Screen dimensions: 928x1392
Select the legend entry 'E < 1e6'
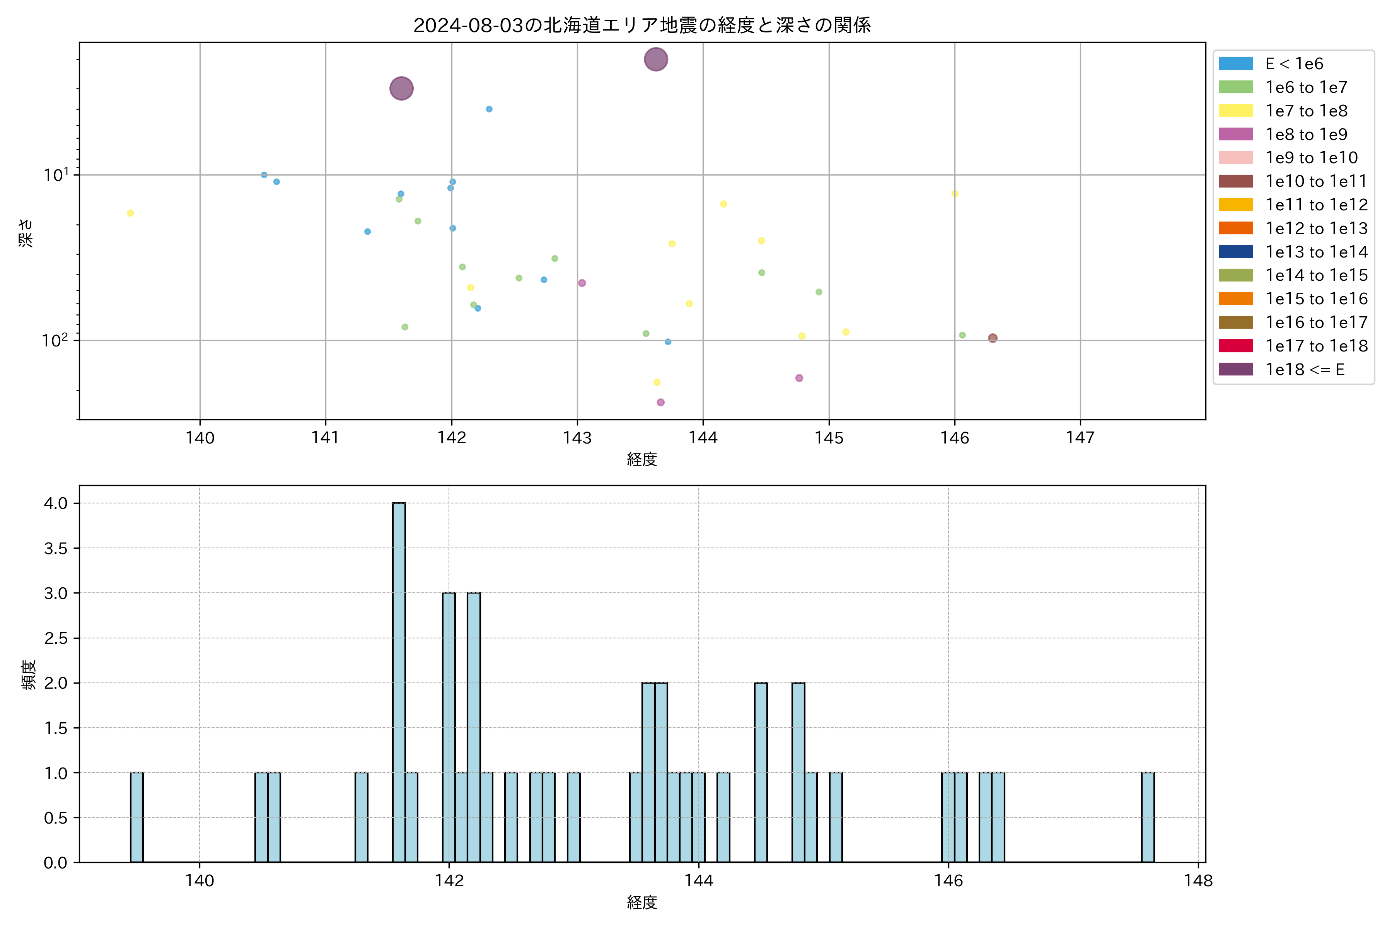(1294, 64)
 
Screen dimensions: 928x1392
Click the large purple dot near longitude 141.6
(401, 89)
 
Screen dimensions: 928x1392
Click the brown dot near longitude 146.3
(993, 338)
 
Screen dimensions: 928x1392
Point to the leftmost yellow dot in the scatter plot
(130, 213)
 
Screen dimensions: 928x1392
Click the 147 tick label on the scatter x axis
(1080, 438)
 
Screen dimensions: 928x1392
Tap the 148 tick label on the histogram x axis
(1198, 881)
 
